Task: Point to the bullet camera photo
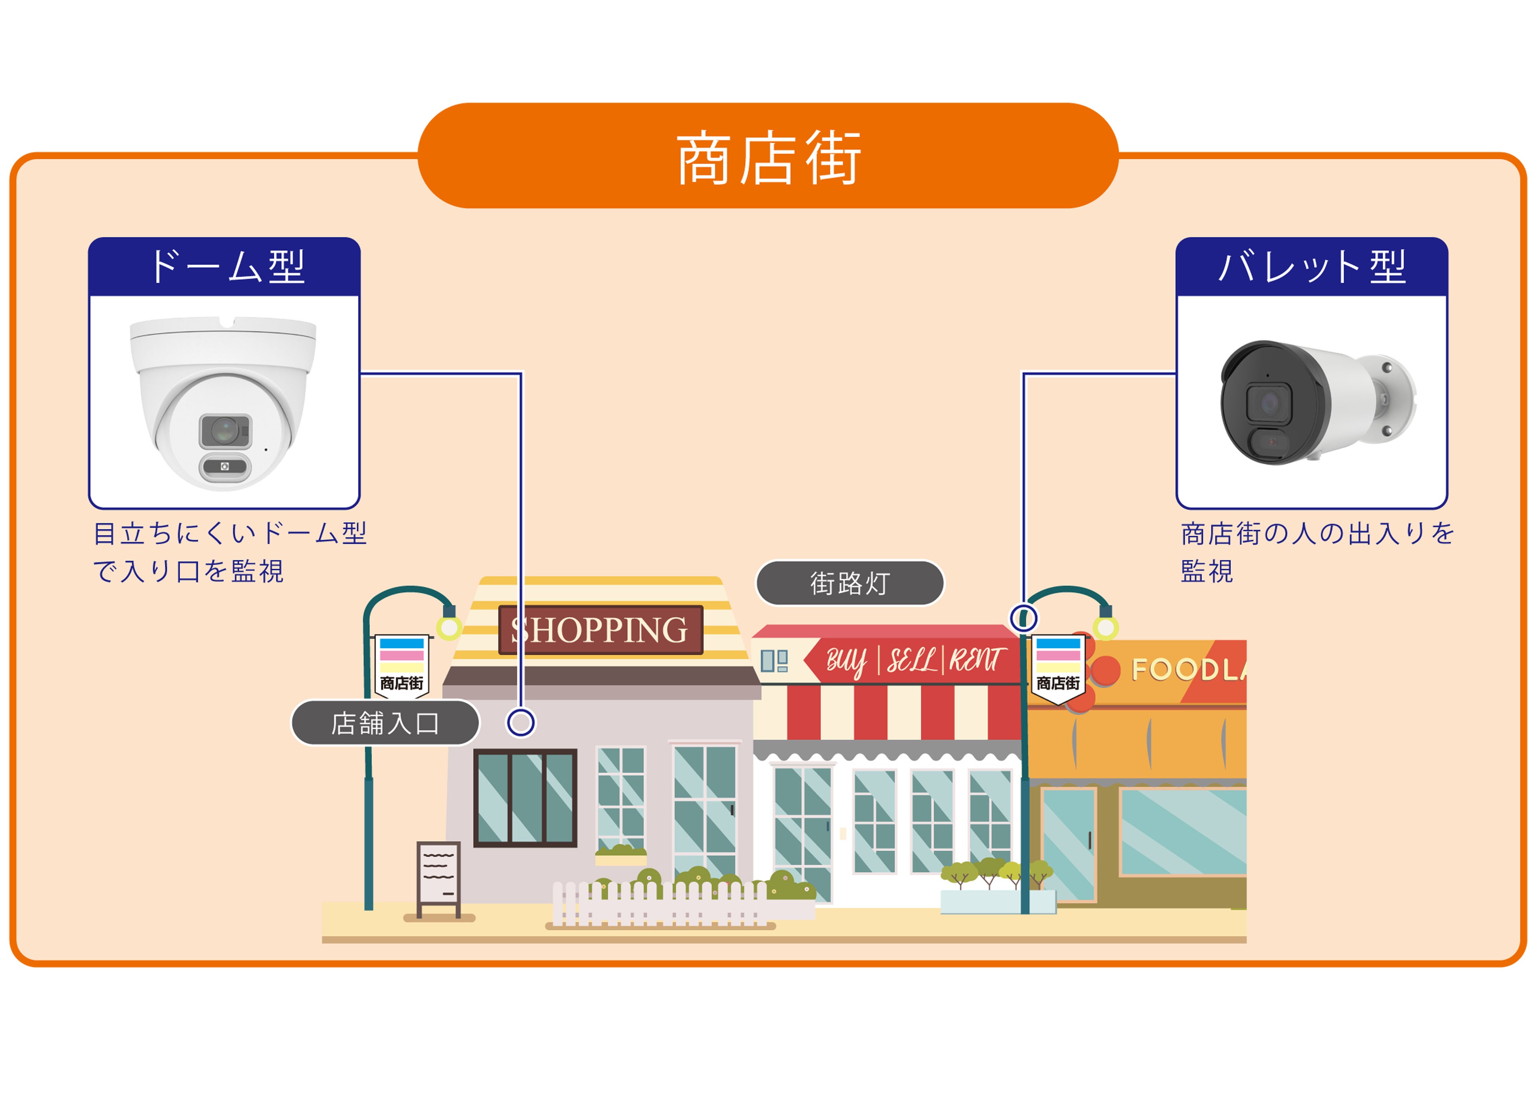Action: pyautogui.click(x=1316, y=403)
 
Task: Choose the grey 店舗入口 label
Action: pyautogui.click(x=385, y=723)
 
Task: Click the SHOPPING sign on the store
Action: pyautogui.click(x=600, y=630)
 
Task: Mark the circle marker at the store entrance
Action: pyautogui.click(x=520, y=723)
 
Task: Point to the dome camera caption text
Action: pyautogui.click(x=229, y=552)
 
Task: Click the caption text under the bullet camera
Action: pyautogui.click(x=1316, y=552)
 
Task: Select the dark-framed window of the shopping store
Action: pyautogui.click(x=525, y=798)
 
